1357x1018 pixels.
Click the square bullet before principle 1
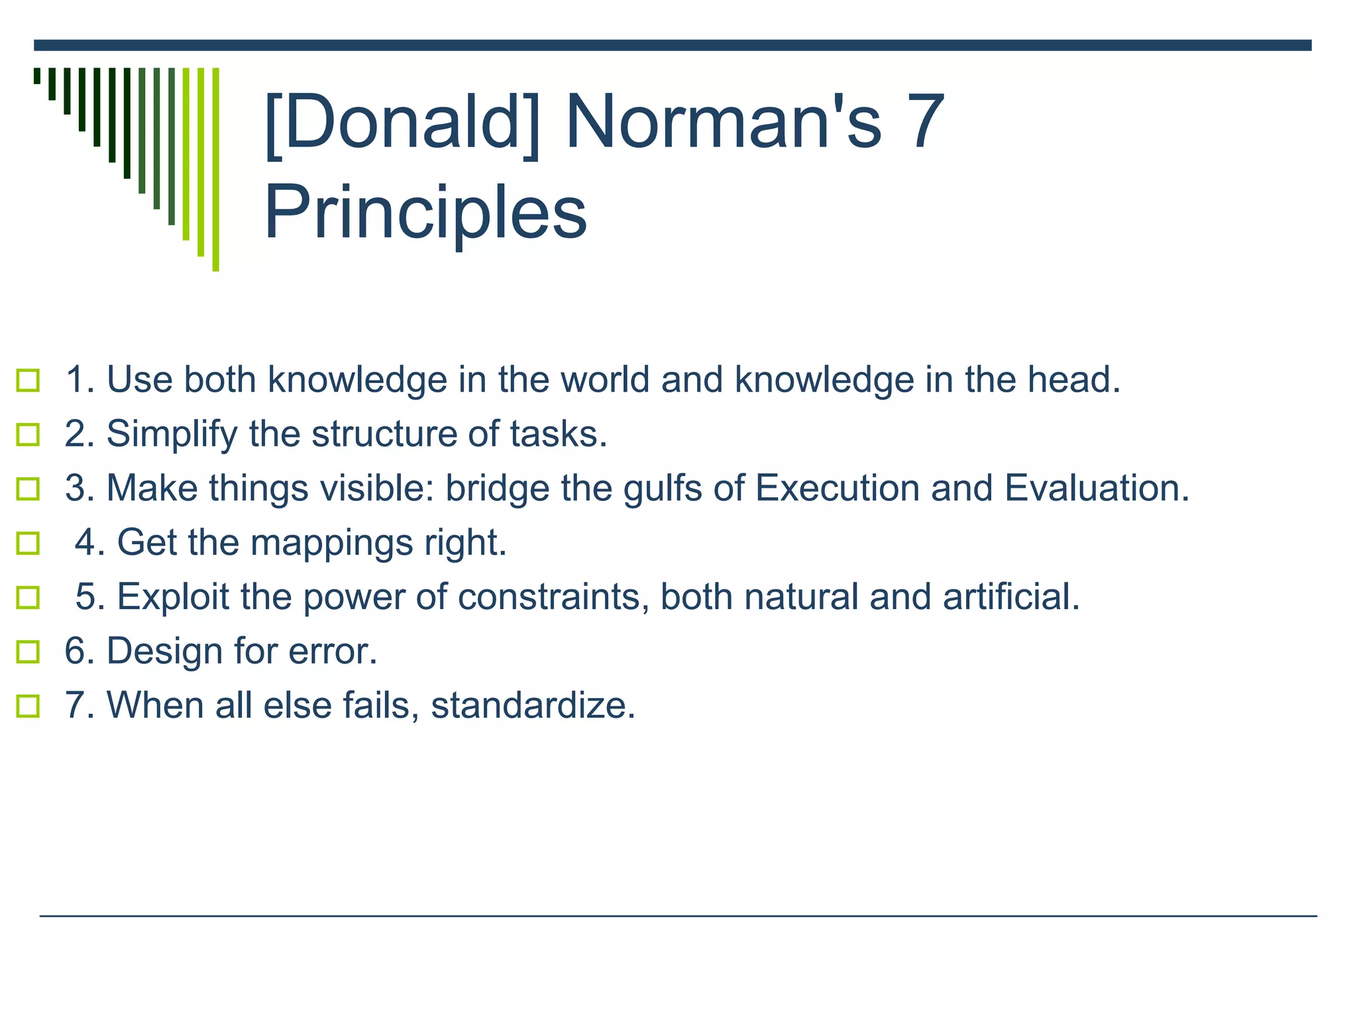(x=28, y=380)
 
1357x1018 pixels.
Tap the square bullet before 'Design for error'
(x=28, y=651)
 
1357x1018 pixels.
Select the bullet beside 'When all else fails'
(x=28, y=706)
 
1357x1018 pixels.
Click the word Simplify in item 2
(x=172, y=435)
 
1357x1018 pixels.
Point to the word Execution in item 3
(x=837, y=488)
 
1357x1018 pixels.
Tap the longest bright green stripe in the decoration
(x=215, y=169)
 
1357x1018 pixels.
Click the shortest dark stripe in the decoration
(x=37, y=76)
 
